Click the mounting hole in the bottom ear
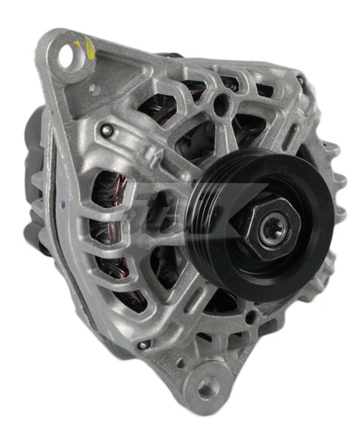tap(207, 388)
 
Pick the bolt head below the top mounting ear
tap(107, 130)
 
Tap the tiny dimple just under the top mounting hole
tap(91, 88)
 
